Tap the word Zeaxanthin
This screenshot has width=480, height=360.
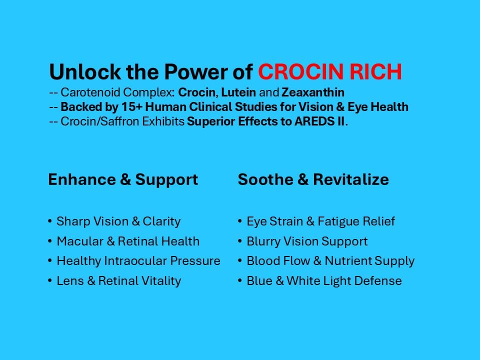pos(313,92)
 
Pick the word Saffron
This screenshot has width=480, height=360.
pos(109,121)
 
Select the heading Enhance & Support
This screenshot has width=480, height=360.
pos(123,180)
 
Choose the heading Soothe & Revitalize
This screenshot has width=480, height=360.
pos(313,180)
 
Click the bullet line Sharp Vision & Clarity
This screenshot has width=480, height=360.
pos(118,221)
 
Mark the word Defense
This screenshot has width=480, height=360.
pos(379,281)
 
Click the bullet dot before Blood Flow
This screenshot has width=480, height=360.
pos(240,261)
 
